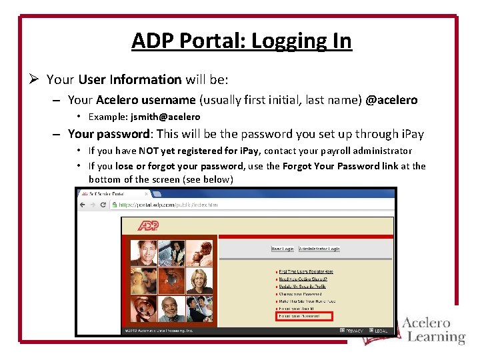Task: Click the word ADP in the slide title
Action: tap(151, 41)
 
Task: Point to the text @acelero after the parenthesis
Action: tap(391, 100)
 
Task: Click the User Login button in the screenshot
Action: tap(282, 249)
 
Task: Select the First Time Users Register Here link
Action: tap(306, 272)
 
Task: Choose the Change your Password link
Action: tap(300, 294)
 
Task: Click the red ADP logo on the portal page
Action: tap(149, 226)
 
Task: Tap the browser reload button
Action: tap(103, 205)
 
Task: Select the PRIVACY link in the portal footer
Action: tap(353, 331)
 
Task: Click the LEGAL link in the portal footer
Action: tap(381, 331)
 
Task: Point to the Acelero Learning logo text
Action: tap(433, 330)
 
